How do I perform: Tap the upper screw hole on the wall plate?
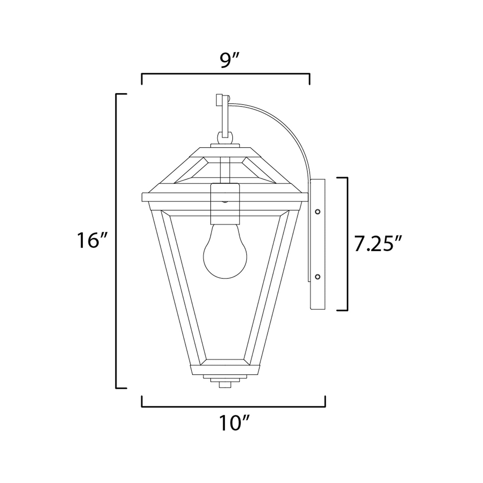[318, 211]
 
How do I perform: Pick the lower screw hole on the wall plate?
[318, 276]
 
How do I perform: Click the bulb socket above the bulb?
[225, 204]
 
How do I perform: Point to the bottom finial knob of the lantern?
[225, 385]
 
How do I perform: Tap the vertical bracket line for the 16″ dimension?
[117, 241]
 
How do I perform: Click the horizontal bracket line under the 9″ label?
[226, 74]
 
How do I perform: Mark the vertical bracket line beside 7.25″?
[348, 244]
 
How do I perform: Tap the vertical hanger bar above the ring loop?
[225, 117]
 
